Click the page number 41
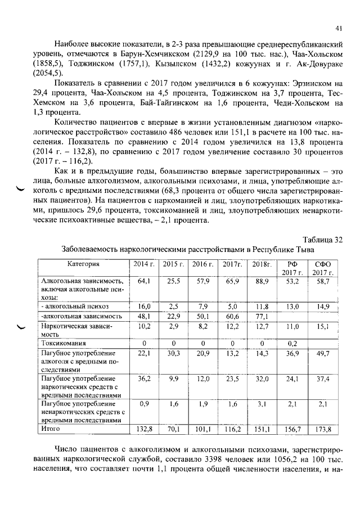point(338,27)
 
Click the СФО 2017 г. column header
point(322,268)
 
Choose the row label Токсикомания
point(64,343)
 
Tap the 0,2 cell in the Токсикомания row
point(292,343)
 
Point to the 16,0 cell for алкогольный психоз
point(144,307)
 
